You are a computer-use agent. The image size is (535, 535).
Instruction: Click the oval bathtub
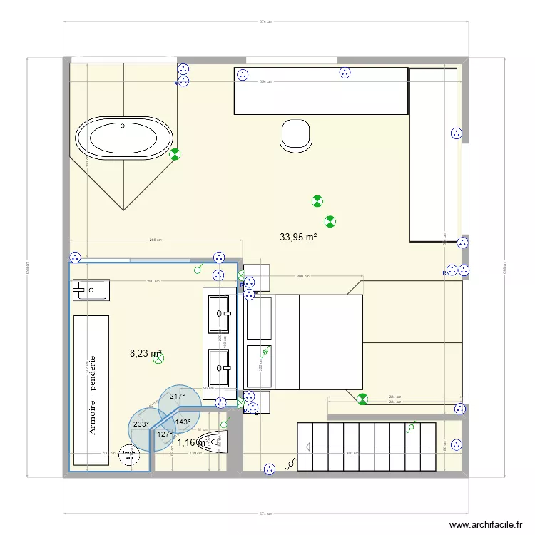123,138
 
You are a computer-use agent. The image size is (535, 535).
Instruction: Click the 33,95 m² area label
298,237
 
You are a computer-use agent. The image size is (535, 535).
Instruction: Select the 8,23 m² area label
146,352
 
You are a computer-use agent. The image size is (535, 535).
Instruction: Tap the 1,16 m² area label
193,442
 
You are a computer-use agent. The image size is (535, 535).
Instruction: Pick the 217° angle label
177,397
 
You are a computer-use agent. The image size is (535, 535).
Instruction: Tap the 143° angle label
183,422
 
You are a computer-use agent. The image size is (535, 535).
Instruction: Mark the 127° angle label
165,434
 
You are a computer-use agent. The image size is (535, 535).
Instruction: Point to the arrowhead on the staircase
307,447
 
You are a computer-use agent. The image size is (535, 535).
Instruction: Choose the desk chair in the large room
296,135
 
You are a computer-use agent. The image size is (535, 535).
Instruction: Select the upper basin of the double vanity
218,312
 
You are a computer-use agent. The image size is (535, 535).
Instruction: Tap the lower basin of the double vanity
218,368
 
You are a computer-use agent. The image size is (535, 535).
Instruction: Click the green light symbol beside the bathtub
175,153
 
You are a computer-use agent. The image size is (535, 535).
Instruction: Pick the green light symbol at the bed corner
362,399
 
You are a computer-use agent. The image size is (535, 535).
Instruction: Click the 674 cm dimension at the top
265,21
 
